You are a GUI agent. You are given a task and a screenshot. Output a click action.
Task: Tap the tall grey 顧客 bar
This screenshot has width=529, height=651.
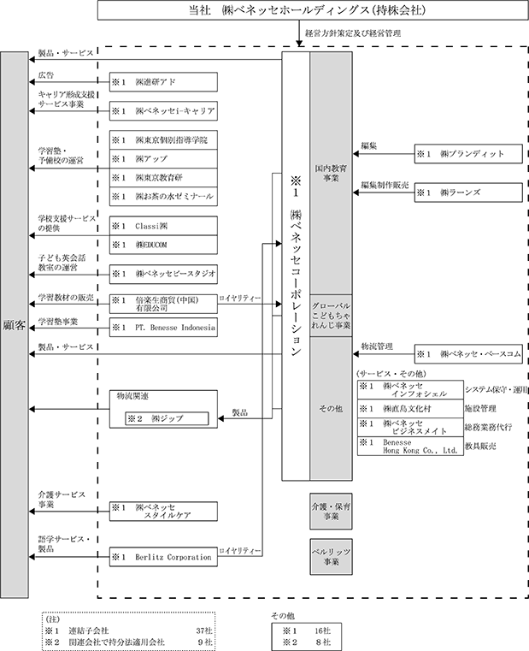coord(15,325)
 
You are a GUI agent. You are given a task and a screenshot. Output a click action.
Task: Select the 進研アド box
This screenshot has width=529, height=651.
coord(163,82)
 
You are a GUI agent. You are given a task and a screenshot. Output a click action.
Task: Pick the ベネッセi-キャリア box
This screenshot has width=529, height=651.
coord(163,111)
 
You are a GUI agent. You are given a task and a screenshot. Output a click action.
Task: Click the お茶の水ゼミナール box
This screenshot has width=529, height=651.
coord(163,197)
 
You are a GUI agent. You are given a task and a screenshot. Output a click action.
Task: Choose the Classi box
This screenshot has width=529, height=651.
coord(163,226)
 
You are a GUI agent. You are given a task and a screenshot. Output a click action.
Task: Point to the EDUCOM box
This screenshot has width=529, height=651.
coord(163,245)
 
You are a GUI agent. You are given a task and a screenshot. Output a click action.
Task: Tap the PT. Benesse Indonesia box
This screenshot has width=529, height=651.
coord(163,327)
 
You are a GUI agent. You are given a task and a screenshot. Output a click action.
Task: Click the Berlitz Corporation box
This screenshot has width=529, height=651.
coord(163,557)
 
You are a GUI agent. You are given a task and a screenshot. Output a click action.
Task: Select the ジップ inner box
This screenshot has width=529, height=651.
coord(167,418)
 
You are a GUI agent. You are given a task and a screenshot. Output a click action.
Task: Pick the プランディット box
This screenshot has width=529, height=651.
coord(468,154)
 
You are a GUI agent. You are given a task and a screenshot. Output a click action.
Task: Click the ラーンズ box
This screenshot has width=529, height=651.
coord(468,192)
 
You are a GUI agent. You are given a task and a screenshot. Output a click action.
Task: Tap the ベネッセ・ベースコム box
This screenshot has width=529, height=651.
coord(468,354)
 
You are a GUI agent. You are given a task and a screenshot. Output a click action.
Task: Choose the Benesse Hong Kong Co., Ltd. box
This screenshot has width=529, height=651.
coord(410,447)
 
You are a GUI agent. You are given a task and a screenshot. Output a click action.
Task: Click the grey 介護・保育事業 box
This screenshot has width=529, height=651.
coord(331,511)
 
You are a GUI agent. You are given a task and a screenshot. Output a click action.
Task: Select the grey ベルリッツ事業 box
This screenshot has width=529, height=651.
coord(331,557)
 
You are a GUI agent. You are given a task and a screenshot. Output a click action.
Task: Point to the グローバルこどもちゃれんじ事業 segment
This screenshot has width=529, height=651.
coord(331,316)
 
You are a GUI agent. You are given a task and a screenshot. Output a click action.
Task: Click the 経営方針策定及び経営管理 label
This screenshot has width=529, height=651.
coord(353,33)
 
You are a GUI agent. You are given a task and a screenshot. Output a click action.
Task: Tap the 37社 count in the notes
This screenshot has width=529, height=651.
coord(204,630)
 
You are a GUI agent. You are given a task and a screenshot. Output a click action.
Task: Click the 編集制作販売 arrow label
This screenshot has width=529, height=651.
coord(385,185)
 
